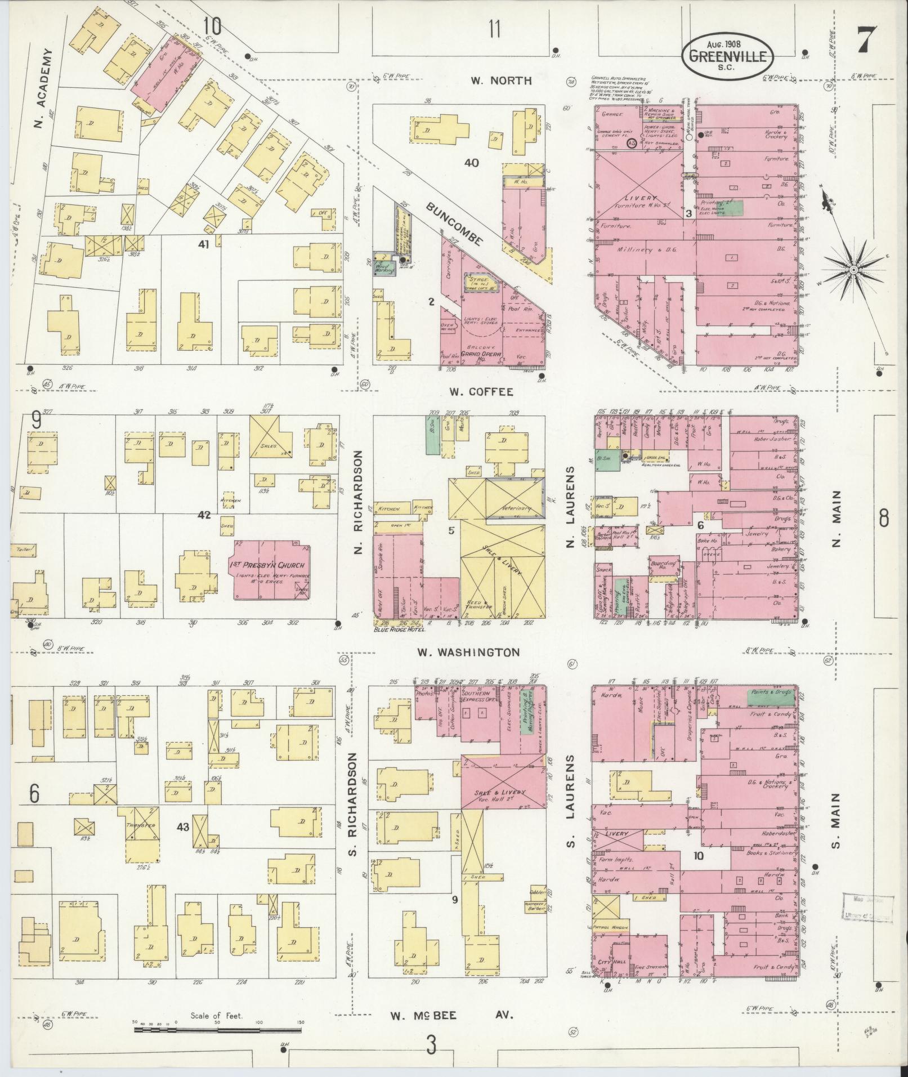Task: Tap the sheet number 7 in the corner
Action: click(867, 40)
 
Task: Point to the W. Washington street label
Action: click(468, 652)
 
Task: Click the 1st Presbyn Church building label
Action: click(267, 565)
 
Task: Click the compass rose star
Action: click(853, 271)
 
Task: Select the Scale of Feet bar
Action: click(217, 1030)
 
